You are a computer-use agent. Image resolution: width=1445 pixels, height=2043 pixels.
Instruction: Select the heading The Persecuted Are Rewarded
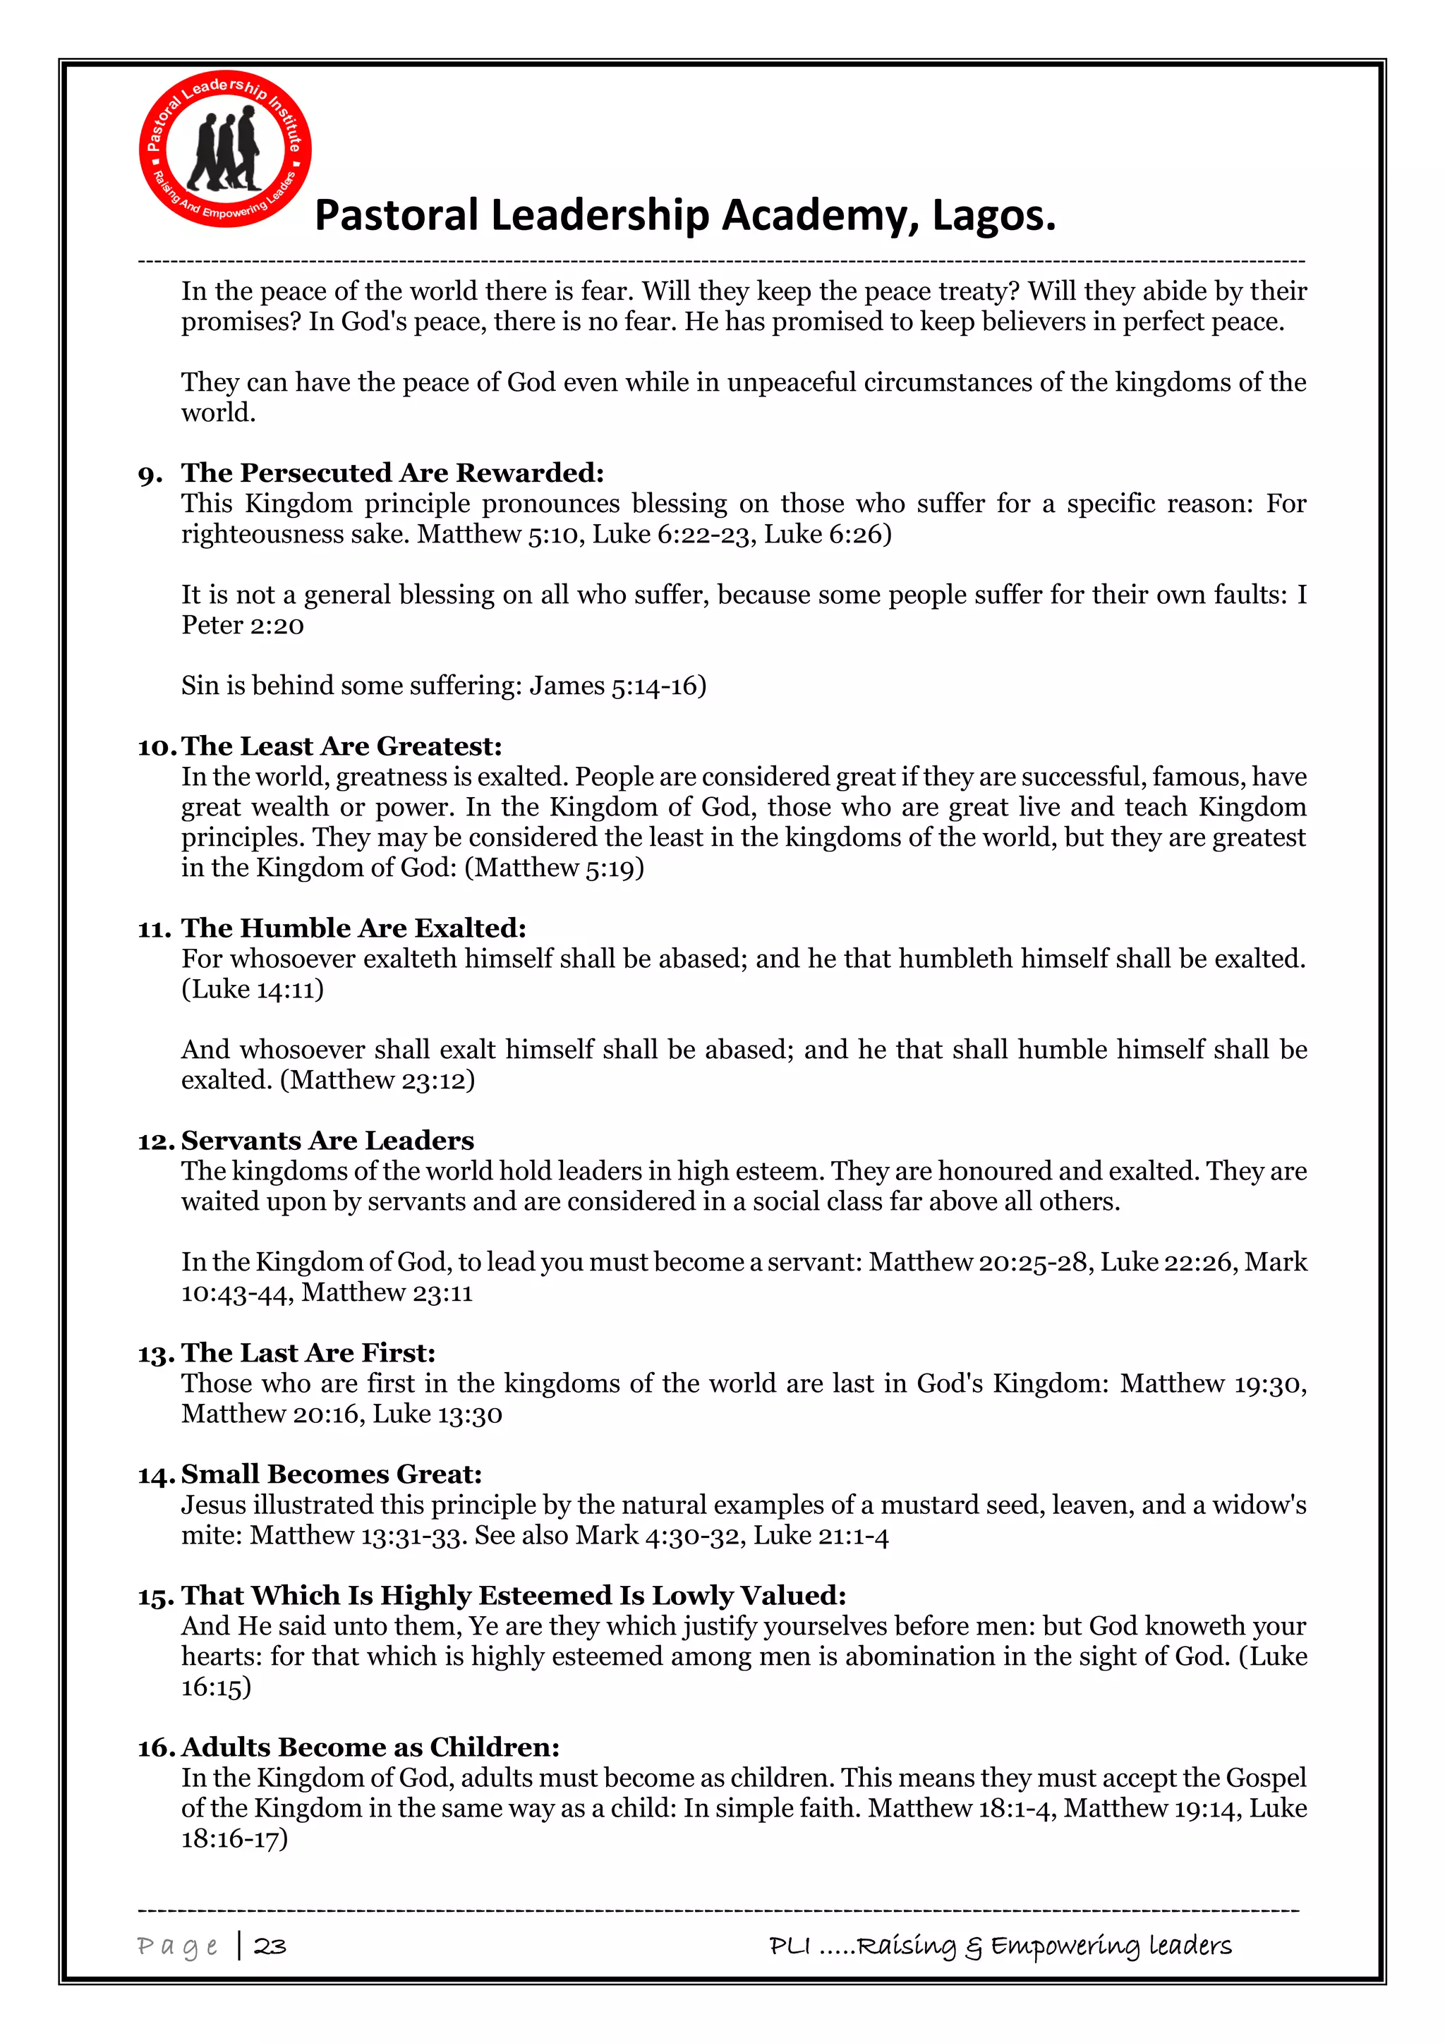tap(392, 473)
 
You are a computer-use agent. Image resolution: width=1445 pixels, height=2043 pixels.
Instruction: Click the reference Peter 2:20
tap(243, 626)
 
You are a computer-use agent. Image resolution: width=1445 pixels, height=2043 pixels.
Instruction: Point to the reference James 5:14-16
tap(617, 686)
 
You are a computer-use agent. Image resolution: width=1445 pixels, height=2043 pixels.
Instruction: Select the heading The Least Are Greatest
tap(341, 746)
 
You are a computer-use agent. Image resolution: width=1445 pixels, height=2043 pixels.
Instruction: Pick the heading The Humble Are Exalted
tap(353, 928)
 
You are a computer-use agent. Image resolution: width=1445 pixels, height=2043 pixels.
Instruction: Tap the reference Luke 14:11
tap(253, 990)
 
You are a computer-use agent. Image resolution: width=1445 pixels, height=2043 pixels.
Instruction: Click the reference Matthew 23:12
tap(377, 1080)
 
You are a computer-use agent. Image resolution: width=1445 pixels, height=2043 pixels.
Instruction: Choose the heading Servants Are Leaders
tap(327, 1141)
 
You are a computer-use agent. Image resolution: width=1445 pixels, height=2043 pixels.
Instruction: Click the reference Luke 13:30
tap(437, 1414)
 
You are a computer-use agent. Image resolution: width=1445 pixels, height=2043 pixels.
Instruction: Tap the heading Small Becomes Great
tap(331, 1474)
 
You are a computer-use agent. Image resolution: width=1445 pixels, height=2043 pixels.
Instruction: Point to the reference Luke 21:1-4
tap(821, 1536)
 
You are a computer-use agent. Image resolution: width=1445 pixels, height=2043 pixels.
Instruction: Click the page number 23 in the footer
tap(270, 1946)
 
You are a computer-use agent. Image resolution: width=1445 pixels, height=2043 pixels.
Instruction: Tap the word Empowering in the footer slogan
tap(1064, 1946)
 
